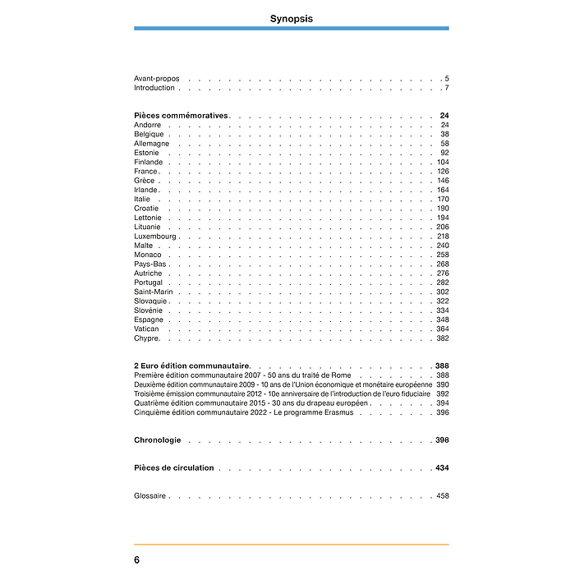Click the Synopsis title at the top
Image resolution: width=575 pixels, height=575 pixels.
(x=292, y=18)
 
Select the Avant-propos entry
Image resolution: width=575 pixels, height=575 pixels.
(x=156, y=79)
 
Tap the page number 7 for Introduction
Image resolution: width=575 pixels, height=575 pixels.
(x=446, y=88)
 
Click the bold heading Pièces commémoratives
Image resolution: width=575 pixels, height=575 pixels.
(x=181, y=116)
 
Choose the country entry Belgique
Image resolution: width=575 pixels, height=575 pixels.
(x=149, y=134)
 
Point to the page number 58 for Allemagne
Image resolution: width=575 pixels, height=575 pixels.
(x=444, y=144)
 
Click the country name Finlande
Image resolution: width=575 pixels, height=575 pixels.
(x=148, y=163)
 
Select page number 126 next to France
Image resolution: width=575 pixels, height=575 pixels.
(x=443, y=172)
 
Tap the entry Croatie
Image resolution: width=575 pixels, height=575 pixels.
(x=146, y=209)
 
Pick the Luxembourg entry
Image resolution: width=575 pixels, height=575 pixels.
(x=155, y=237)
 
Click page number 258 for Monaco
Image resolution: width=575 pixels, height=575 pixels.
(x=443, y=255)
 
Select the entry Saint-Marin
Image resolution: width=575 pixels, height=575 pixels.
(x=154, y=292)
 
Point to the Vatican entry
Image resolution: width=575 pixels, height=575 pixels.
(x=146, y=329)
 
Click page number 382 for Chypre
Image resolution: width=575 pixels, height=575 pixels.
(x=443, y=338)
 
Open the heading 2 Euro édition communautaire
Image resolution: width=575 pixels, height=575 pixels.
(x=191, y=366)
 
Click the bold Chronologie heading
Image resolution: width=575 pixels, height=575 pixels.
(x=157, y=440)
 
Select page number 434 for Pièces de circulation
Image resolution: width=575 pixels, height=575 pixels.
(x=442, y=468)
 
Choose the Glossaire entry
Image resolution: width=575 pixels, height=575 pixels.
(x=149, y=496)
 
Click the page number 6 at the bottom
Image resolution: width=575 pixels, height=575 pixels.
(x=136, y=559)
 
